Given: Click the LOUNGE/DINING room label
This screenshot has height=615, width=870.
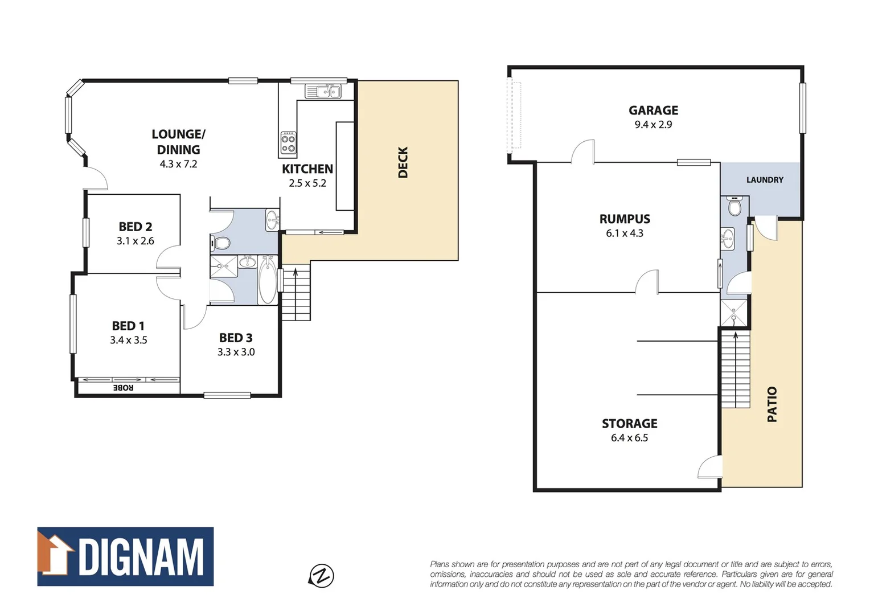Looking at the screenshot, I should (x=178, y=142).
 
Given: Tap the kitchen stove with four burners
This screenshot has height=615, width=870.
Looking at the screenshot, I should (x=288, y=143).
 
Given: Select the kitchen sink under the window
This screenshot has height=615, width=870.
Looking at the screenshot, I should (x=323, y=91).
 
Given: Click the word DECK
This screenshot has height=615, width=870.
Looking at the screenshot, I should (x=403, y=162).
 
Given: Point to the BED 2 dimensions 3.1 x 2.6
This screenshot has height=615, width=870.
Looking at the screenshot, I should (x=136, y=241).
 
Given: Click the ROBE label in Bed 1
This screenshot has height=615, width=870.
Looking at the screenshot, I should (x=123, y=388).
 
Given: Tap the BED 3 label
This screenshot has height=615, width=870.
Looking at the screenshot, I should (x=236, y=338).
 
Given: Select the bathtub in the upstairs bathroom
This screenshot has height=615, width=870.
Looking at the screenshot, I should (x=268, y=280).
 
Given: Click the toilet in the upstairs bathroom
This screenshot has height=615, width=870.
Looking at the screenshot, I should (x=220, y=243).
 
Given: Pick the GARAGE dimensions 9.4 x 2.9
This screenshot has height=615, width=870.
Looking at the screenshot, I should (x=653, y=125).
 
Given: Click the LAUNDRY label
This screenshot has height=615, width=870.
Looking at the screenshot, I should (x=765, y=180).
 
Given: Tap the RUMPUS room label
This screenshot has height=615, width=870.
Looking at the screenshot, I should (x=625, y=219).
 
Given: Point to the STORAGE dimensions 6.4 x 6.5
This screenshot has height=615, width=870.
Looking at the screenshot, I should (x=629, y=438).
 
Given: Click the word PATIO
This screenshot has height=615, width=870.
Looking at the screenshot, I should (x=772, y=404).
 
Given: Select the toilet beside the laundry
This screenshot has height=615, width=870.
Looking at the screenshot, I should (x=734, y=207).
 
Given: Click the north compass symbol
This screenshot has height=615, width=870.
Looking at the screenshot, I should (x=322, y=575).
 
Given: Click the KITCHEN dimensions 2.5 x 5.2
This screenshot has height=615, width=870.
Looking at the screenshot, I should (x=307, y=183).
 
